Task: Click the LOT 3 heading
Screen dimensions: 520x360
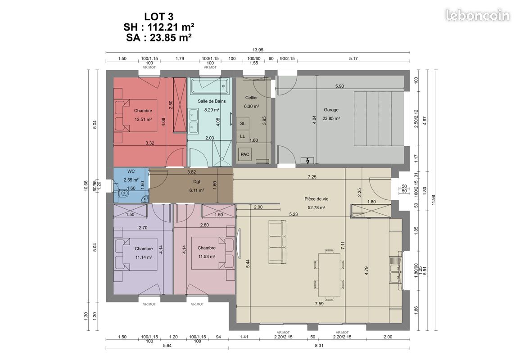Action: pyautogui.click(x=158, y=16)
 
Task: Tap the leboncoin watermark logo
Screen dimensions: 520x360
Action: pyautogui.click(x=478, y=15)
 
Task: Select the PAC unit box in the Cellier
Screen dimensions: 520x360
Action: pyautogui.click(x=245, y=154)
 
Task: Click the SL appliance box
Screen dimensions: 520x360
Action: pyautogui.click(x=242, y=123)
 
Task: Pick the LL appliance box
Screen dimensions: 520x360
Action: pyautogui.click(x=242, y=136)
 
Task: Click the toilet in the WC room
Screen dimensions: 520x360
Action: pyautogui.click(x=122, y=193)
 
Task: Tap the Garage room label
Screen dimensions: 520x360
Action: pyautogui.click(x=331, y=110)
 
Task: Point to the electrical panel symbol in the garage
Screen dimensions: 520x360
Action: pyautogui.click(x=307, y=161)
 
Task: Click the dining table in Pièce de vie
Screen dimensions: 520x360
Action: pyautogui.click(x=329, y=275)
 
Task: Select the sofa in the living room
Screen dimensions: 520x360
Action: pyautogui.click(x=277, y=242)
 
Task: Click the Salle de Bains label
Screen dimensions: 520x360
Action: pyautogui.click(x=212, y=101)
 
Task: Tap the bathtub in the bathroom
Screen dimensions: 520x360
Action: pyautogui.click(x=210, y=86)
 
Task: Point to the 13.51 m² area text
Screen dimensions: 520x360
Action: pyautogui.click(x=143, y=119)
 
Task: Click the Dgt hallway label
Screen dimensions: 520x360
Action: pyautogui.click(x=197, y=182)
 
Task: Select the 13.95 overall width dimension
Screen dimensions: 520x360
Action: pyautogui.click(x=258, y=50)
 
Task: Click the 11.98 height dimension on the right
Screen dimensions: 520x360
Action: pyautogui.click(x=433, y=200)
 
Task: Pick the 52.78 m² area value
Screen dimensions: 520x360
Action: pyautogui.click(x=317, y=207)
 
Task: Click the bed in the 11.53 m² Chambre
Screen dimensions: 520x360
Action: pyautogui.click(x=213, y=253)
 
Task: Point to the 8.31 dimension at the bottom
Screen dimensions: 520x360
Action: pyautogui.click(x=319, y=346)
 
